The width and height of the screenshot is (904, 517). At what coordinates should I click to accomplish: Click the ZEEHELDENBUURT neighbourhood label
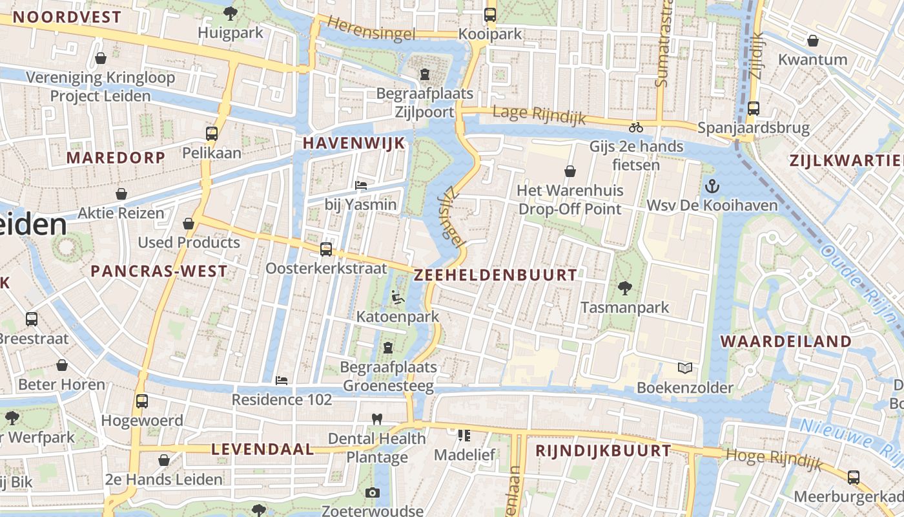[495, 275]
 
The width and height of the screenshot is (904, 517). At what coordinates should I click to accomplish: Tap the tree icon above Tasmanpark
[624, 288]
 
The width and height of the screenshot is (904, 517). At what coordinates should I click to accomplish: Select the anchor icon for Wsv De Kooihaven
[712, 186]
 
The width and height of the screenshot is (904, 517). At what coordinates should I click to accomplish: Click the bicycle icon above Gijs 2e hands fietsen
[636, 127]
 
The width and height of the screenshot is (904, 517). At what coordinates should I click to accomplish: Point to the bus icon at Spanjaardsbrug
[753, 109]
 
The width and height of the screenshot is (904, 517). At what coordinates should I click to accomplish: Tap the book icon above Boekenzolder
[685, 368]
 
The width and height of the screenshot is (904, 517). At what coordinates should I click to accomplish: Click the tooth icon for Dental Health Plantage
[377, 419]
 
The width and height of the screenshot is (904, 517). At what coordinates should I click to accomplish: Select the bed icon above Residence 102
[282, 380]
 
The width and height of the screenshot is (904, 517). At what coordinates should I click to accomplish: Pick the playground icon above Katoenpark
[398, 298]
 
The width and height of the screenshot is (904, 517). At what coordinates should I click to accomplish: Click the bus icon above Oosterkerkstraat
[326, 249]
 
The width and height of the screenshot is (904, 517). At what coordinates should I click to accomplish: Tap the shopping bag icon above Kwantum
[812, 41]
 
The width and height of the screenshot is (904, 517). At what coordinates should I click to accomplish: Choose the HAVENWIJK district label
[354, 143]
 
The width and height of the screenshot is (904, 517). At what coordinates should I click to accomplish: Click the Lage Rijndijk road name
[539, 114]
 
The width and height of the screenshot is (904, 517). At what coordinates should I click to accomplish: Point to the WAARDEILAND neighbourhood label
[786, 341]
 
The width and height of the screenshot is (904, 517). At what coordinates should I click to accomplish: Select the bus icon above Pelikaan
[211, 134]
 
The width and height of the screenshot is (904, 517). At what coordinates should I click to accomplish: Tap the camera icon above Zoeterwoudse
[372, 492]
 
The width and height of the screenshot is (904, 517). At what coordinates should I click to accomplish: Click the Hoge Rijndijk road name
[774, 458]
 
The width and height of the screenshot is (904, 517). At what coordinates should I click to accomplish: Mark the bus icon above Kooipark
[490, 14]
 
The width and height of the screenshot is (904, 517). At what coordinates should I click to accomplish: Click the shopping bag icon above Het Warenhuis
[570, 171]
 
